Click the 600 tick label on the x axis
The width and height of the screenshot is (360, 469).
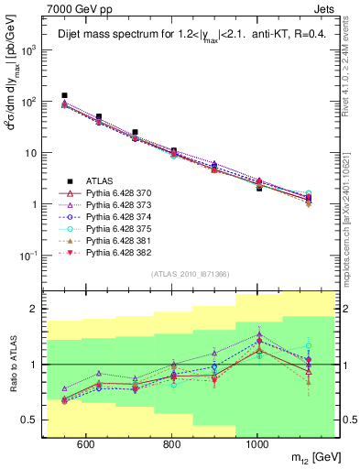[x=85, y=443]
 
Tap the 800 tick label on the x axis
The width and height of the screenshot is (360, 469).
[x=171, y=443]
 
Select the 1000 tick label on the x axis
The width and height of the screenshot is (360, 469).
[x=257, y=443]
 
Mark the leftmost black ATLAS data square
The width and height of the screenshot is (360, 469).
[x=64, y=95]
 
